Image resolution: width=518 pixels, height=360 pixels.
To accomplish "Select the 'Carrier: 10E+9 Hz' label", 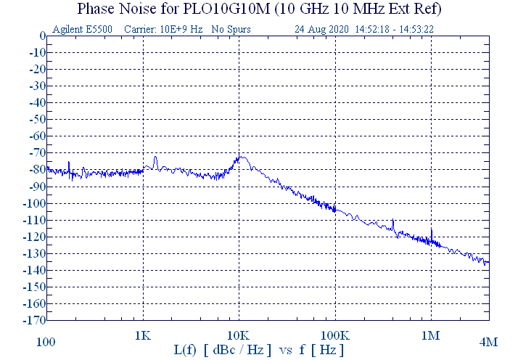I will [x=163, y=30].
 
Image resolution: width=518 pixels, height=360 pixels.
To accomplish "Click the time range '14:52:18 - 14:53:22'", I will [x=395, y=30].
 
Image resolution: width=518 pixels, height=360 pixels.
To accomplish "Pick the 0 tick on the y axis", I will [x=42, y=36].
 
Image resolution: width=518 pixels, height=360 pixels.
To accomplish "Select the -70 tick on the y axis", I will [x=36, y=152].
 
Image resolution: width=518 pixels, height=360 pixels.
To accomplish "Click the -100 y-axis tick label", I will [x=34, y=203].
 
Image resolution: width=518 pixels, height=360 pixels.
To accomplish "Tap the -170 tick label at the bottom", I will [x=34, y=320].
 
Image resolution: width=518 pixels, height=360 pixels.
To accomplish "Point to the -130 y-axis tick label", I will [x=34, y=253].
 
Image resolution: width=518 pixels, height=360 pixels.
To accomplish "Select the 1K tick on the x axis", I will [x=143, y=336].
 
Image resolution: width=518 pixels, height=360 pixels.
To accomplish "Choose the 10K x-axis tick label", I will [x=239, y=336].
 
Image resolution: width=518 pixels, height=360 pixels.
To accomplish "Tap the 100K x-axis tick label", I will [x=334, y=336].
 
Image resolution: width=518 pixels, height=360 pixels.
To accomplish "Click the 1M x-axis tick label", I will [x=431, y=336].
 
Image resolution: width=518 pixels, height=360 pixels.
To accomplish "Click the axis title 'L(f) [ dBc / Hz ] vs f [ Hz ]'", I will [x=259, y=350].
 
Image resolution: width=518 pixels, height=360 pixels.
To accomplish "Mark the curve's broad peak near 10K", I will [x=242, y=157].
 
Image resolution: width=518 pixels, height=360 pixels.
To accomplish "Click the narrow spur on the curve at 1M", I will [x=431, y=230].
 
